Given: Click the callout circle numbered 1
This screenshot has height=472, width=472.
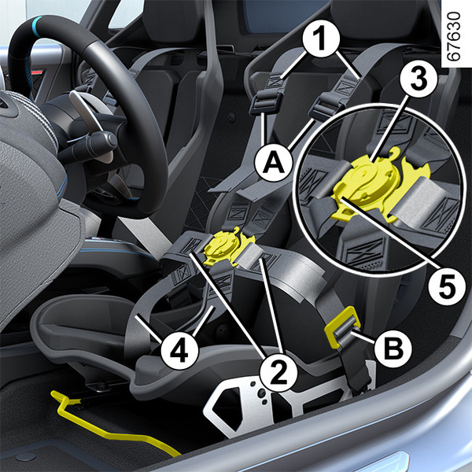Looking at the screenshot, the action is [321, 39].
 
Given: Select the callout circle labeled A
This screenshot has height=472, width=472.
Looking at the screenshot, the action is [273, 163].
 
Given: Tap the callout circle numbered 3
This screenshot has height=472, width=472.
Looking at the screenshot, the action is [419, 79].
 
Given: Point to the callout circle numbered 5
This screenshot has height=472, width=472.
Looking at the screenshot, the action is [447, 286].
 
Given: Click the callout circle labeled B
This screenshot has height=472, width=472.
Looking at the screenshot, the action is [393, 349].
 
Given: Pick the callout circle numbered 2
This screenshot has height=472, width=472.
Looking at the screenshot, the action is [278, 373].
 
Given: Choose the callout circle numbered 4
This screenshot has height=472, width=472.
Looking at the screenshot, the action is [179, 351].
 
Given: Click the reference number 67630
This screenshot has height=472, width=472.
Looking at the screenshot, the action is [454, 36].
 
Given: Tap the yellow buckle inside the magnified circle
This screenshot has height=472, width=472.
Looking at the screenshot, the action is [380, 184].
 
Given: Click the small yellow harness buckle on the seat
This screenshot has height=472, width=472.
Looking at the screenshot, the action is [228, 247].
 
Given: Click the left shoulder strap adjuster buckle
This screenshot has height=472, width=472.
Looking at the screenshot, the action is [266, 103].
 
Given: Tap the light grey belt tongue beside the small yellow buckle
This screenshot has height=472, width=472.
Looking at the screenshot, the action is [250, 253].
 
